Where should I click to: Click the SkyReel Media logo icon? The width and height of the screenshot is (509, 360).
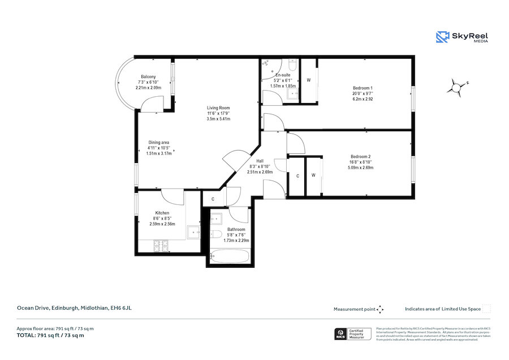442,37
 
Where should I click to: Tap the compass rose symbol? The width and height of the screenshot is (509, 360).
456,87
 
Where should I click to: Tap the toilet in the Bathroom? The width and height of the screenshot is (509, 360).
215,235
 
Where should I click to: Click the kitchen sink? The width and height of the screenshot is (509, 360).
195,231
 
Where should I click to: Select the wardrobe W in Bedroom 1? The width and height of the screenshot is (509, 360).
309,80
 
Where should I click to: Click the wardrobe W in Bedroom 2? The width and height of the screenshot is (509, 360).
313,175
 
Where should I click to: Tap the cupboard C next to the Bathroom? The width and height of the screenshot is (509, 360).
213,199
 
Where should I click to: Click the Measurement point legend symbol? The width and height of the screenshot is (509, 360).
380,309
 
